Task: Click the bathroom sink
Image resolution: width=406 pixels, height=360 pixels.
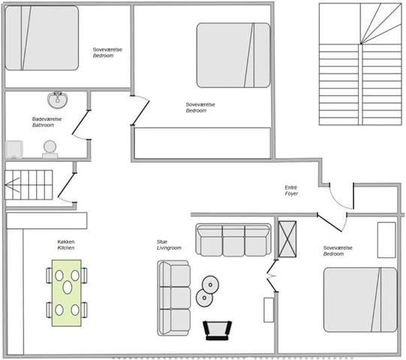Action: [58, 100]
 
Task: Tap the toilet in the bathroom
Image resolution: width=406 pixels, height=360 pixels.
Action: [50, 149]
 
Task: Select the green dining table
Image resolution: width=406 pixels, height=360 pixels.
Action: [67, 293]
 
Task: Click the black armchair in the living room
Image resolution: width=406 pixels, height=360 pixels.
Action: [217, 330]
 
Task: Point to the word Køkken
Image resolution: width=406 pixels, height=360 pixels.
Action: [66, 241]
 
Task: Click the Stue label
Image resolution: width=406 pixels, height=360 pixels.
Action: [162, 241]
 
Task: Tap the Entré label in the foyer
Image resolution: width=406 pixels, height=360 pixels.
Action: [290, 187]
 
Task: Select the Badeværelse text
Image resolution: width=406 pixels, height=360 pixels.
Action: [47, 119]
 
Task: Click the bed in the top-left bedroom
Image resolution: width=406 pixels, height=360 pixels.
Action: [42, 38]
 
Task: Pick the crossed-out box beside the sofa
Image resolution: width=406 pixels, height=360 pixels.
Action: [287, 239]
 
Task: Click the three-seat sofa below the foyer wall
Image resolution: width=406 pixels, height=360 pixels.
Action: [233, 240]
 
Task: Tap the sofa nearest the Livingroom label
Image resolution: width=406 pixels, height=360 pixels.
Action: [174, 298]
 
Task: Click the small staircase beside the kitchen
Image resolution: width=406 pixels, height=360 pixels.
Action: [29, 184]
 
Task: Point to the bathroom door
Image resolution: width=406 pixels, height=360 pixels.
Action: [81, 125]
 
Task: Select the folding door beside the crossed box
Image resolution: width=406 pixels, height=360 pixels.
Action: [272, 276]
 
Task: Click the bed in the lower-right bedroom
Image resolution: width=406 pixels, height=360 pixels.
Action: [360, 300]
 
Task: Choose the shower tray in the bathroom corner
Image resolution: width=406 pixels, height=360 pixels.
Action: [14, 149]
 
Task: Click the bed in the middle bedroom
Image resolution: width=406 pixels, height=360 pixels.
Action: [233, 55]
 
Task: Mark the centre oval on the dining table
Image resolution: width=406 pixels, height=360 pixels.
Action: [68, 287]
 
